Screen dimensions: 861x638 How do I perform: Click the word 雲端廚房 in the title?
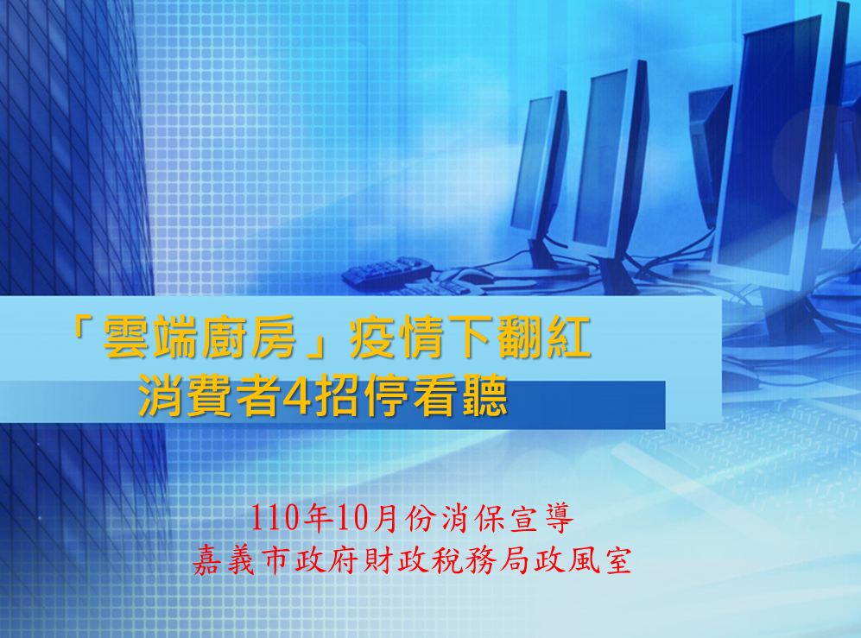(x=199, y=337)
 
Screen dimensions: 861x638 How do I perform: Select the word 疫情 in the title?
(x=397, y=337)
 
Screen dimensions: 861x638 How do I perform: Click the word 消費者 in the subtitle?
(x=209, y=395)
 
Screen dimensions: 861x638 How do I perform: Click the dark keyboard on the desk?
(x=388, y=272)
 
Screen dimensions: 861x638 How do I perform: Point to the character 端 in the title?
(x=174, y=337)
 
